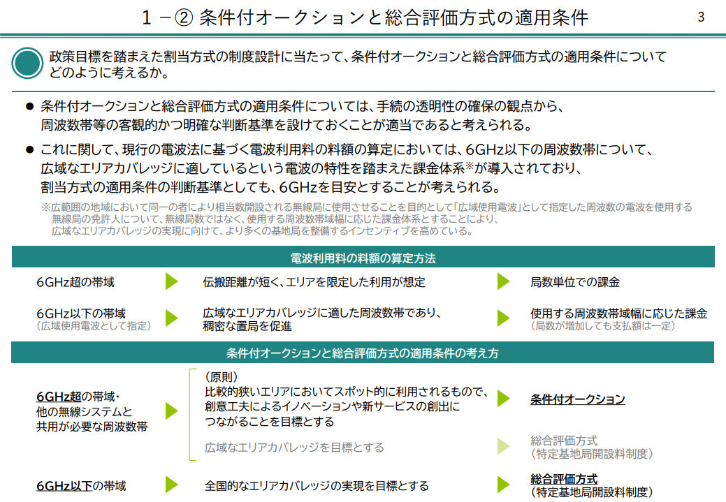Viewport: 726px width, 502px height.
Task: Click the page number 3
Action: pos(701,17)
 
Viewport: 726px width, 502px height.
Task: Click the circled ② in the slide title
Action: pos(183,17)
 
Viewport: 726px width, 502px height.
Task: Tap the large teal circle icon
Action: pos(27,63)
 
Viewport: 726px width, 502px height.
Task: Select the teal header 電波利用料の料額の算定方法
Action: pos(363,258)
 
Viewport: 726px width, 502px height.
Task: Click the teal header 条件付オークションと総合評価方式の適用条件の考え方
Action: pos(363,353)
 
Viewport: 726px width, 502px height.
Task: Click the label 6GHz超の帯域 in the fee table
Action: pos(75,282)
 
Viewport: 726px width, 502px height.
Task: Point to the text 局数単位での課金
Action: pos(575,282)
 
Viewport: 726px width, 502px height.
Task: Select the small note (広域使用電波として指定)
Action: pos(94,326)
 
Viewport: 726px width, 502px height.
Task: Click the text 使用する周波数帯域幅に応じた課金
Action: pos(619,313)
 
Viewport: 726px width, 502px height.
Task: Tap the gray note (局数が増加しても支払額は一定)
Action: pos(603,326)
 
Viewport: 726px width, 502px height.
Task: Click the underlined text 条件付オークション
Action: pos(578,399)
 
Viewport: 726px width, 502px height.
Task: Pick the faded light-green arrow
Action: pos(503,446)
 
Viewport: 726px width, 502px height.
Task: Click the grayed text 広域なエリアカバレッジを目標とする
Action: pos(294,448)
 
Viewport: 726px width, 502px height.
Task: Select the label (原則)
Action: pos(222,377)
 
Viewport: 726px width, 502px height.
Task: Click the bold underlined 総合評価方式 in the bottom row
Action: pos(564,479)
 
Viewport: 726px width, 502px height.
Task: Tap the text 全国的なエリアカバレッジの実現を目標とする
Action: pos(317,486)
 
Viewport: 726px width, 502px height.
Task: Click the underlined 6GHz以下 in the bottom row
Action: pos(64,486)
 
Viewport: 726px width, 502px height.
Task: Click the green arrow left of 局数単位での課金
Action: pos(503,281)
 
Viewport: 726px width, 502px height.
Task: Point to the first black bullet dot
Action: pos(30,106)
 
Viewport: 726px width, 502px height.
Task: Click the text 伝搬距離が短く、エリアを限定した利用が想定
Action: pos(314,282)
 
